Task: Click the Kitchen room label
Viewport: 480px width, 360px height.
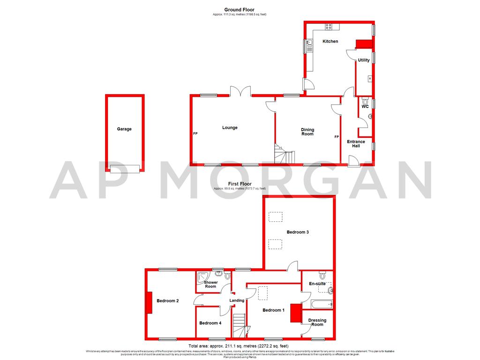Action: (x=330, y=41)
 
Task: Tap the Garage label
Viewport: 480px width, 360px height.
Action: (x=124, y=129)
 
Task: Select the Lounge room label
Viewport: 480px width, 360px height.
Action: (x=230, y=127)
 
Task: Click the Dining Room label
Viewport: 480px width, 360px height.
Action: (x=307, y=132)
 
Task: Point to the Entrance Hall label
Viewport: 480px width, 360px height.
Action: (x=356, y=143)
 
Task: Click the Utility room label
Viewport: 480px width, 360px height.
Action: (x=364, y=60)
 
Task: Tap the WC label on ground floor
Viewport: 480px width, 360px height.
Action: (x=365, y=106)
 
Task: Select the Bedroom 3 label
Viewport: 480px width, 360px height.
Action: (x=298, y=232)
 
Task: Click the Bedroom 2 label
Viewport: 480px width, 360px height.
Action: (x=168, y=300)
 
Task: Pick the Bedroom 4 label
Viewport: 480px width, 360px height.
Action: (x=210, y=323)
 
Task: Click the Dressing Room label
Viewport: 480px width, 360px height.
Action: (x=317, y=322)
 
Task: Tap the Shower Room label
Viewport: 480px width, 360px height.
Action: (x=210, y=285)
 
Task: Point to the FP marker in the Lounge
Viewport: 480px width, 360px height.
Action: (x=195, y=134)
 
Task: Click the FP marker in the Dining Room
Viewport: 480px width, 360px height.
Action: (x=337, y=137)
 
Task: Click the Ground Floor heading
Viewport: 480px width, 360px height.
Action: (x=240, y=9)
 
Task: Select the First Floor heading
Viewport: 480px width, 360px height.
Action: (x=240, y=184)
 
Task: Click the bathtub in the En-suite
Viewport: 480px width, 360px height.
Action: (x=318, y=305)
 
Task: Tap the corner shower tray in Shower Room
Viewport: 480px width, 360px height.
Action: (x=204, y=277)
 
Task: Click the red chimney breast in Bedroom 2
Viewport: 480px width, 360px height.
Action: (x=149, y=302)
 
